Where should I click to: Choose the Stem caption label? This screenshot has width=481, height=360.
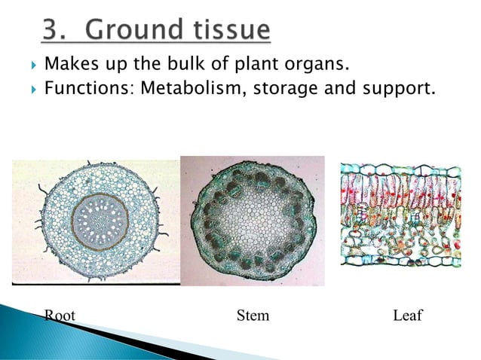coord(253,315)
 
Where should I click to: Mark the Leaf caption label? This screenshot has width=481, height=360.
coord(408,315)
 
